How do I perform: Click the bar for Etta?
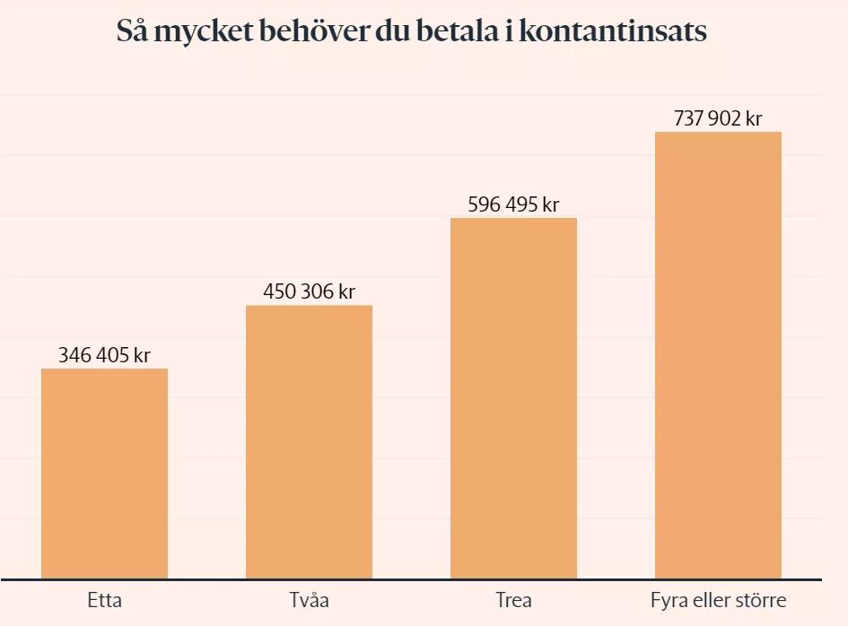(x=104, y=473)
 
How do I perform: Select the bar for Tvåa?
(x=309, y=441)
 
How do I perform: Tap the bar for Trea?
(x=513, y=397)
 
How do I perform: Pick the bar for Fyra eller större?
(x=718, y=354)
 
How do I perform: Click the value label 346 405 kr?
(x=104, y=355)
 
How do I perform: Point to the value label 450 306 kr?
(x=309, y=292)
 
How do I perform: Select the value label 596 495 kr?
(x=513, y=204)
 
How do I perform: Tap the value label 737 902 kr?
(x=718, y=118)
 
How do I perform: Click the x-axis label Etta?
(x=105, y=600)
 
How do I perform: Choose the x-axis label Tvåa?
(x=309, y=600)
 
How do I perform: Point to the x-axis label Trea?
(x=513, y=600)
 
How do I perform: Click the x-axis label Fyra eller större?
(x=718, y=600)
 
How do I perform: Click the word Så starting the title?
(x=133, y=31)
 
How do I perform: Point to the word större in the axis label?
(x=762, y=600)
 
